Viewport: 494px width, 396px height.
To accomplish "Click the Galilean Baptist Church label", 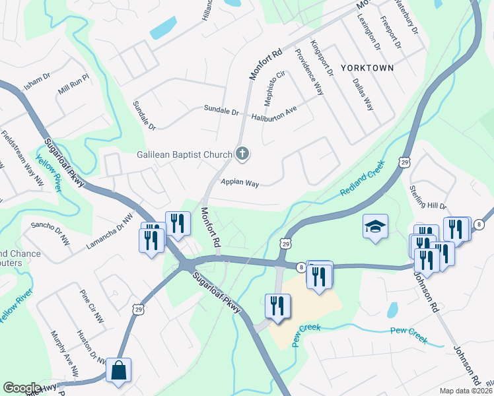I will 184,155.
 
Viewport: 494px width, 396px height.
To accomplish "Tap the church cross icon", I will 242,155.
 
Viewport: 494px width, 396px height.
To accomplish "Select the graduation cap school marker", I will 374,227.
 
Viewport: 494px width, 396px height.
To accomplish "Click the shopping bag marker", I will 118,371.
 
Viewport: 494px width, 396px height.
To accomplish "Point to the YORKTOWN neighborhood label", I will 367,68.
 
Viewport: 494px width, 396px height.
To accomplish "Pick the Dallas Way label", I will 363,95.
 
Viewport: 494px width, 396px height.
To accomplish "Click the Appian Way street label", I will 240,183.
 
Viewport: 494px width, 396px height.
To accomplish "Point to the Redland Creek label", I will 363,181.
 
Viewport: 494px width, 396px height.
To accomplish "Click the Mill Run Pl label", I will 73,85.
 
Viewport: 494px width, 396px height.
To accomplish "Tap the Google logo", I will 22,388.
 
